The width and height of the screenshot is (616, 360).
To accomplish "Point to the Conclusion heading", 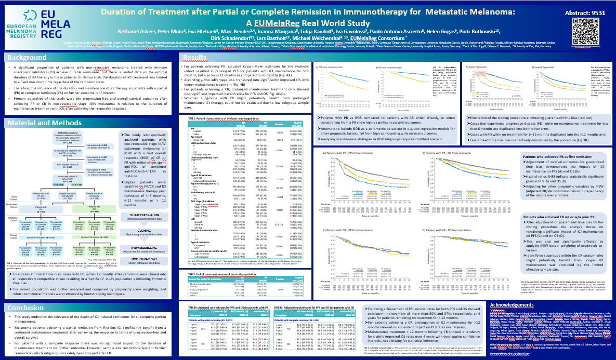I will (x=26, y=307).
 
